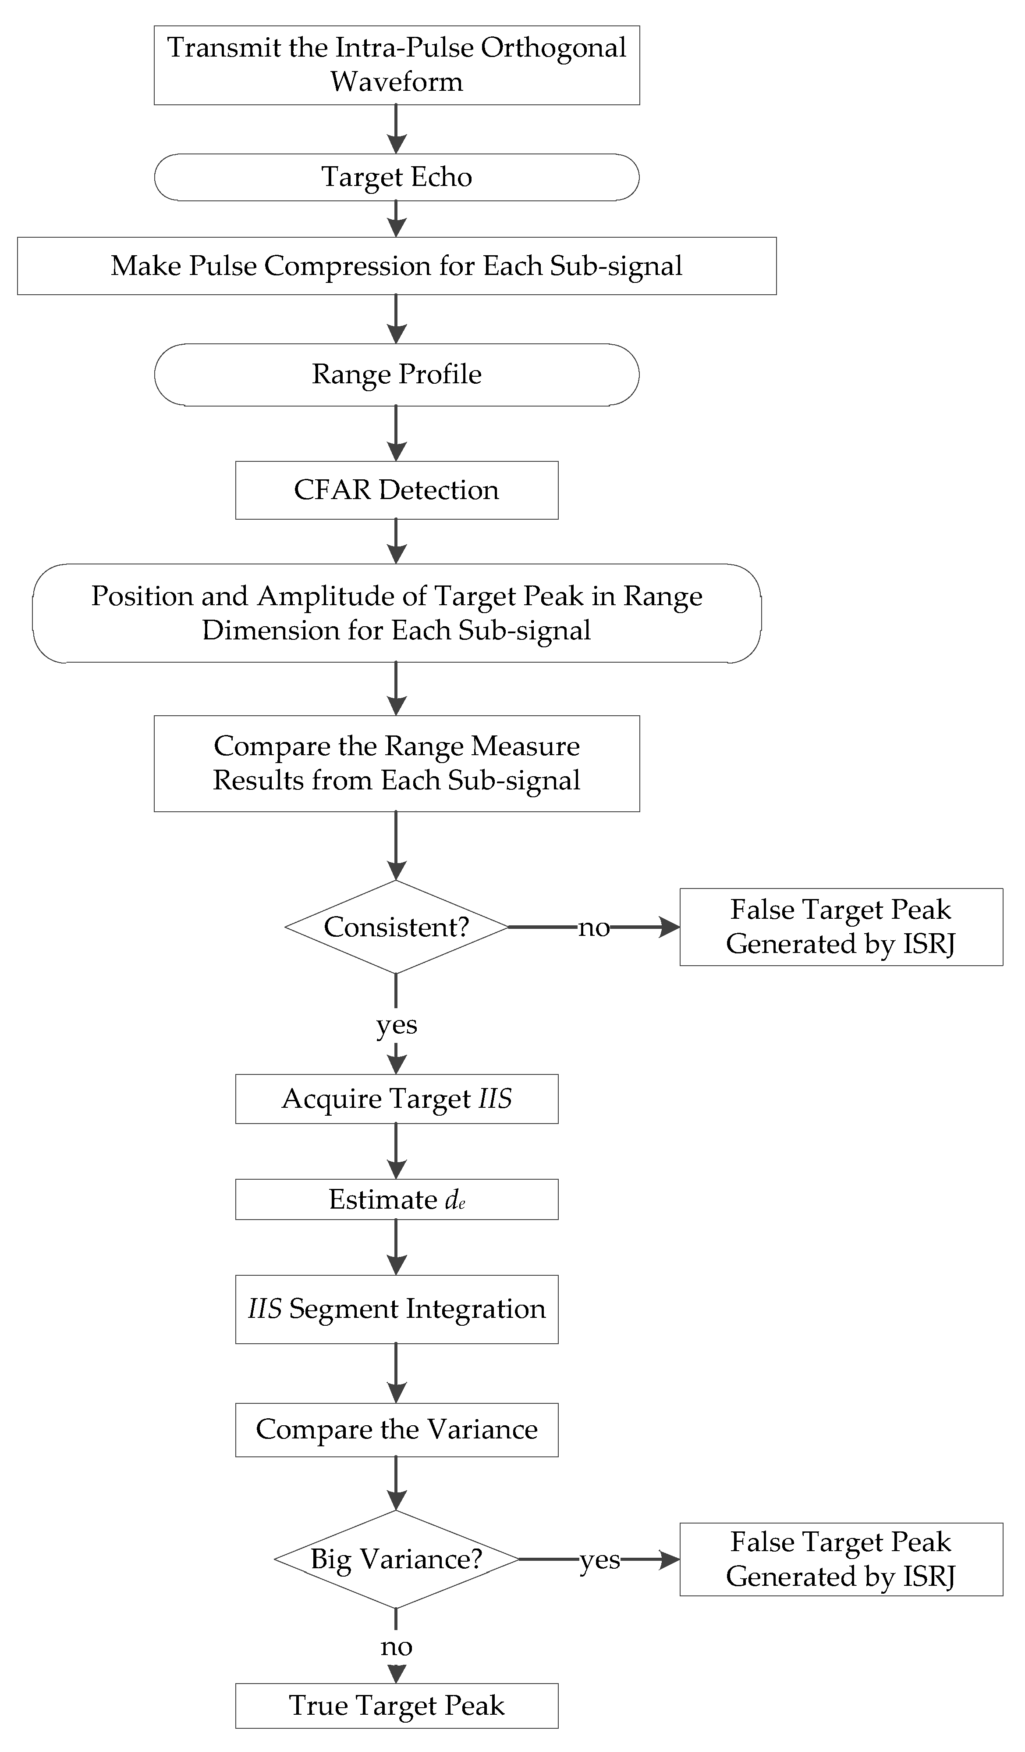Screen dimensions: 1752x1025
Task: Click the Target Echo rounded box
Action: [396, 177]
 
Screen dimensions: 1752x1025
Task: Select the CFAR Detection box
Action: [396, 490]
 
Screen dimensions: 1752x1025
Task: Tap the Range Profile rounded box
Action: [396, 375]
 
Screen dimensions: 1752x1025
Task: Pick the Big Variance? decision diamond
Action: [396, 1559]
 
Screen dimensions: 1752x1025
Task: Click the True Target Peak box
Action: [396, 1706]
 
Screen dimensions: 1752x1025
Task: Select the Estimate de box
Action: [396, 1199]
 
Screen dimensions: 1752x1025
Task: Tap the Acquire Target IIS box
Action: [396, 1099]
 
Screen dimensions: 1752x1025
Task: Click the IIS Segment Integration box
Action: [396, 1309]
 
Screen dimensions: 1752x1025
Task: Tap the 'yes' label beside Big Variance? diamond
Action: [599, 1559]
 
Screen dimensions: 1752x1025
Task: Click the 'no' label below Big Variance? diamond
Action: [396, 1646]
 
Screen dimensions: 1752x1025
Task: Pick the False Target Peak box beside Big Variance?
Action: [841, 1559]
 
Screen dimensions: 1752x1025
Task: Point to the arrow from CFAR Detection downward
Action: [396, 541]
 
